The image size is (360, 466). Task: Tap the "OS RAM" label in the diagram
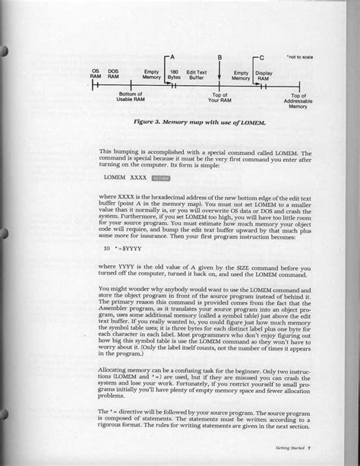(x=96, y=74)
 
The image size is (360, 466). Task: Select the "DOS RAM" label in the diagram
(x=113, y=74)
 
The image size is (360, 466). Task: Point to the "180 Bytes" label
(x=174, y=74)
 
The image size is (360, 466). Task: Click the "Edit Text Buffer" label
(x=196, y=74)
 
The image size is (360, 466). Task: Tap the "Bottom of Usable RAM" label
(x=131, y=95)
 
